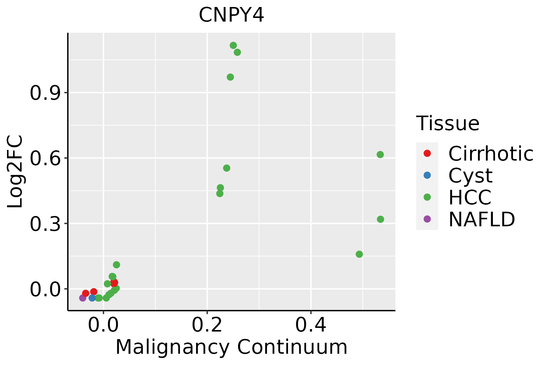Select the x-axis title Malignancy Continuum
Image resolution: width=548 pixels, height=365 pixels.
[x=231, y=347]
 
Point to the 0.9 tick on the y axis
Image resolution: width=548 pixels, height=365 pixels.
[x=44, y=93]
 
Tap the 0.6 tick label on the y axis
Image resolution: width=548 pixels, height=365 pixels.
[x=44, y=158]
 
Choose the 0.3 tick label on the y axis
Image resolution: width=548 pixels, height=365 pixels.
[x=44, y=224]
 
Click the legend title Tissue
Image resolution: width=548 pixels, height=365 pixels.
[x=448, y=123]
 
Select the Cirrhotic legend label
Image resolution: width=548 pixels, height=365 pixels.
[x=490, y=154]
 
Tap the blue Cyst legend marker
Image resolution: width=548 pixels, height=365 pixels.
[x=427, y=175]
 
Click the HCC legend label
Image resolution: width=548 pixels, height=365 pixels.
[x=470, y=197]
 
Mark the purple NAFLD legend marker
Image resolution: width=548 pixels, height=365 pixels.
[x=427, y=219]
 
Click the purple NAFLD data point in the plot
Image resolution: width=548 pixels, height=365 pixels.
[x=83, y=298]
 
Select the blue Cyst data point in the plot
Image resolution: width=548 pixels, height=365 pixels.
[x=92, y=298]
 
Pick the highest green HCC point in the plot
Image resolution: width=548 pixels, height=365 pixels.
[x=233, y=46]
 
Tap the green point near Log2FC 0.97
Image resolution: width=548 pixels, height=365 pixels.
[x=230, y=77]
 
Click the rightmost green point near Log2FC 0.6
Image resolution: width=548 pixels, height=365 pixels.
[x=380, y=155]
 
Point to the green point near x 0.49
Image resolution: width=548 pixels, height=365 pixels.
[x=359, y=254]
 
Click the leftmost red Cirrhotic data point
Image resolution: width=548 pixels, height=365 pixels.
[x=86, y=293]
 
